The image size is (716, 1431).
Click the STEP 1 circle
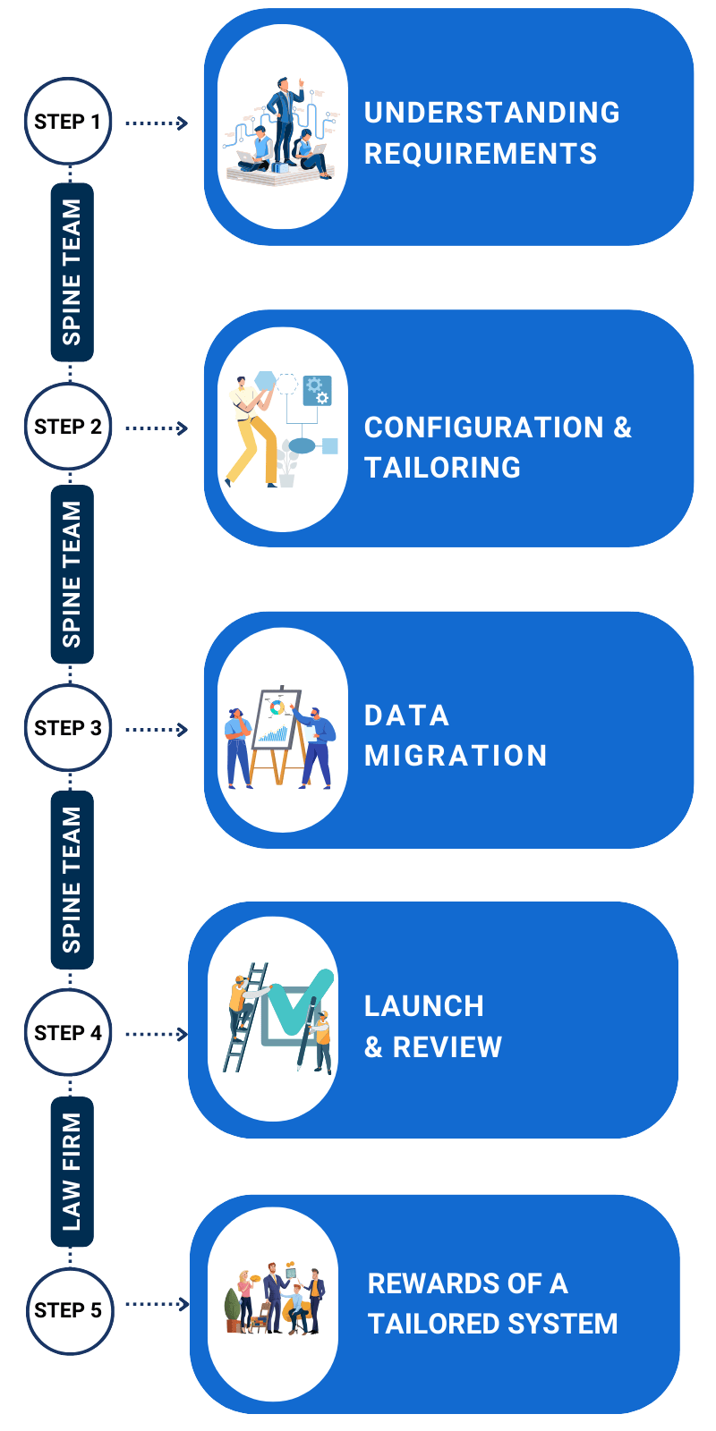click(x=68, y=122)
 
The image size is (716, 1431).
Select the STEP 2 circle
click(x=68, y=426)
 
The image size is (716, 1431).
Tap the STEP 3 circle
click(x=68, y=728)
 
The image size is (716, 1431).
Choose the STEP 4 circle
click(x=68, y=1032)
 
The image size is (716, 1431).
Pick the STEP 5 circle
click(x=70, y=1309)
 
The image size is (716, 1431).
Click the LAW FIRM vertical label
click(x=72, y=1173)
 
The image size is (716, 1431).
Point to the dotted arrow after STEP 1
click(x=157, y=123)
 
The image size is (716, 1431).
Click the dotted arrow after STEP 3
click(x=157, y=729)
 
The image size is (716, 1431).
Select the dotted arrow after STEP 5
click(x=157, y=1304)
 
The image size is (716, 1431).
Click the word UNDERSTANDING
click(x=491, y=113)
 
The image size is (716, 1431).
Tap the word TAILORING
click(x=442, y=467)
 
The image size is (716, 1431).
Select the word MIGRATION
click(x=456, y=755)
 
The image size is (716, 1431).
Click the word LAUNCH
click(x=424, y=1006)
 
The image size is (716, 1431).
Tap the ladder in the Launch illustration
click(x=245, y=1017)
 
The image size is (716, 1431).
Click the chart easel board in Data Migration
click(x=277, y=718)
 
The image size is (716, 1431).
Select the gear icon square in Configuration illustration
click(x=317, y=390)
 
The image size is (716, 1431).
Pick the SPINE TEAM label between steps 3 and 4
click(x=72, y=880)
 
